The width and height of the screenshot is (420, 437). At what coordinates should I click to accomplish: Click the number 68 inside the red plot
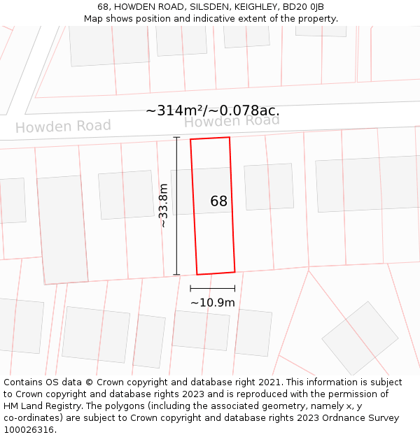point(219,201)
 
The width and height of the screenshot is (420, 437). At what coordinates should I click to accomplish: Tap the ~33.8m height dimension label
point(163,206)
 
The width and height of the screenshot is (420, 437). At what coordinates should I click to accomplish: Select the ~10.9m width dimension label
point(213,303)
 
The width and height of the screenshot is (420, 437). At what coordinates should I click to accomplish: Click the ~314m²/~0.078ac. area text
point(212,110)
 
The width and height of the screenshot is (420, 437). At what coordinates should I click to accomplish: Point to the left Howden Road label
point(63,127)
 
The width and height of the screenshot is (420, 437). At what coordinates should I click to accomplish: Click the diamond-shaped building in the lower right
point(360,338)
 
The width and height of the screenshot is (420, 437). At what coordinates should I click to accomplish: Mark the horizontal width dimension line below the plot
point(213,288)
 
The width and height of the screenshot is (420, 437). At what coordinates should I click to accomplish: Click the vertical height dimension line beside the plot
point(176,206)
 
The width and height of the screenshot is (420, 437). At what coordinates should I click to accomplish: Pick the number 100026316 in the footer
point(29,430)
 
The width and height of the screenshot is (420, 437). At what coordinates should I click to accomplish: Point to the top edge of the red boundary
point(210,138)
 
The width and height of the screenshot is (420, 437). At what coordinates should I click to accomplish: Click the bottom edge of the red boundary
point(216,273)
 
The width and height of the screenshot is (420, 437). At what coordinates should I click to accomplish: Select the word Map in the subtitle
point(94,19)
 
